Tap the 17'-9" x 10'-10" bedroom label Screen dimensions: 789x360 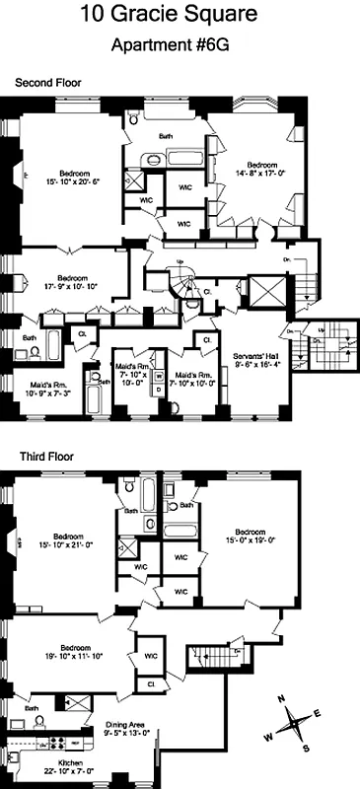(72, 283)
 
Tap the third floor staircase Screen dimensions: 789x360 (205, 656)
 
